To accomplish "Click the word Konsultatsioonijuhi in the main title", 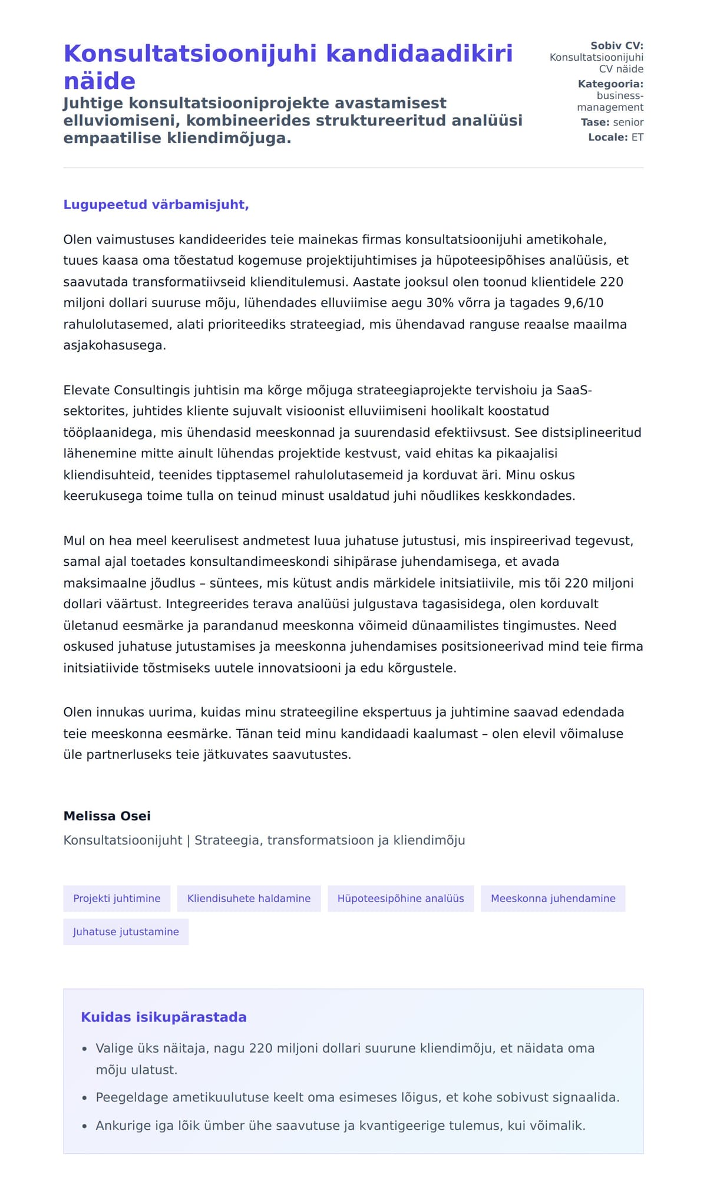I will (190, 54).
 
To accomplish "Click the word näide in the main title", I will (99, 81).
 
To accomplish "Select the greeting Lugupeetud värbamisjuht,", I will (156, 205).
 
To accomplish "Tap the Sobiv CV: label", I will (616, 46).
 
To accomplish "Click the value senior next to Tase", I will (628, 123).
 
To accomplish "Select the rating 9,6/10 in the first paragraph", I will (583, 303).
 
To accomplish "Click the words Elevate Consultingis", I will (118, 390).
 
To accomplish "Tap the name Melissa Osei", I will (107, 816).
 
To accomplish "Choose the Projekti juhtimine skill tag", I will (117, 899).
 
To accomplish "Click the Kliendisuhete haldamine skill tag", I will (249, 899).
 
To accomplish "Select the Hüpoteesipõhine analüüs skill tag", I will (401, 899).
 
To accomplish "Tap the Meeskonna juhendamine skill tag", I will (553, 899).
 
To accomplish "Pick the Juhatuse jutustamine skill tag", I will (125, 932).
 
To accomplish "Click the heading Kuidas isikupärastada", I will (164, 1017).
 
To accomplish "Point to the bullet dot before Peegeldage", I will (85, 1098).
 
